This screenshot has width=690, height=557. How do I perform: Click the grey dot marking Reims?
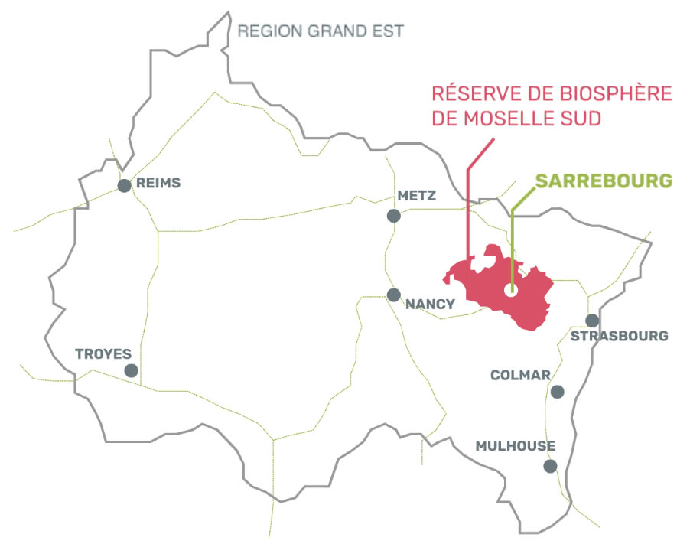point(123,185)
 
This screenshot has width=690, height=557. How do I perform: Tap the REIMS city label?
point(158,184)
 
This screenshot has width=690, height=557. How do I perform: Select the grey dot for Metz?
point(394,216)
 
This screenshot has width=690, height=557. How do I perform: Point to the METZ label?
point(417,196)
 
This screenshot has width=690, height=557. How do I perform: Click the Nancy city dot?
point(394,295)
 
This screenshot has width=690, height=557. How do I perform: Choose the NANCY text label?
point(430,304)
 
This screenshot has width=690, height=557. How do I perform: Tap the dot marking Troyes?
point(132,370)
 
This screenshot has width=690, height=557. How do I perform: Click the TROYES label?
point(103,353)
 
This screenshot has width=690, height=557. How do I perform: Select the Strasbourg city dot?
point(592,321)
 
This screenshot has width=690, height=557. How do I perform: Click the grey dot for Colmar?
point(558,392)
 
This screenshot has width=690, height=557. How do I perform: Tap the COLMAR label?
point(520,375)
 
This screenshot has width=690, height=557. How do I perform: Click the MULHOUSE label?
point(516,446)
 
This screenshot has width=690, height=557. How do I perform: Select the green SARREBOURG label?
point(604,181)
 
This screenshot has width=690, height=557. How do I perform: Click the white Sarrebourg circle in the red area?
point(512,290)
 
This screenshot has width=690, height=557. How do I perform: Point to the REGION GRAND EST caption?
point(321,31)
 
